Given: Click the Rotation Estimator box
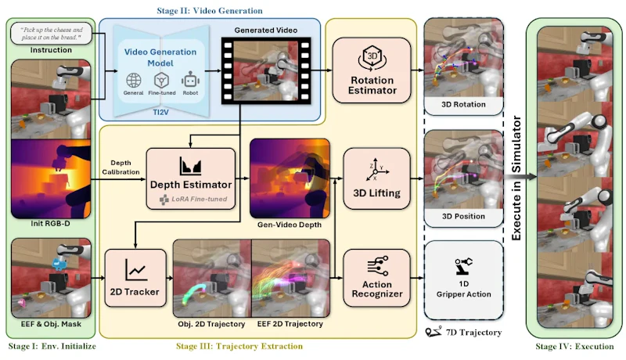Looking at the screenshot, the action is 372,70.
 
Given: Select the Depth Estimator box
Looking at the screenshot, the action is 191,178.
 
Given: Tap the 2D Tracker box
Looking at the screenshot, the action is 135,278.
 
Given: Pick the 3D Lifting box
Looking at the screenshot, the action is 376,178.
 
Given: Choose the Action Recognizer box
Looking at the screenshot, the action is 376,278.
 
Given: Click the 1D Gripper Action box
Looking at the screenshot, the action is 463,279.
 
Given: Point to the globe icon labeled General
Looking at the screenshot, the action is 133,81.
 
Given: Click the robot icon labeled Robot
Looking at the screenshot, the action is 190,80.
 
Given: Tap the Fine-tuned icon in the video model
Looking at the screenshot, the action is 161,81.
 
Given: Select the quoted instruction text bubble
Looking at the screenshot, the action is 52,34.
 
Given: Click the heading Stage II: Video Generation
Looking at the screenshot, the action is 210,11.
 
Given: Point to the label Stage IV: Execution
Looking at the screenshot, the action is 574,346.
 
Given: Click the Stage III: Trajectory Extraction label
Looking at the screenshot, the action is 239,346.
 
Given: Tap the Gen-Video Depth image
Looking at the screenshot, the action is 290,178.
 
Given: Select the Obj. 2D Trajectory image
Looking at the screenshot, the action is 212,278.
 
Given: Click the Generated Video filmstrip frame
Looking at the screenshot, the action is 266,70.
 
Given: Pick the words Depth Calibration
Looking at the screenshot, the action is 121,167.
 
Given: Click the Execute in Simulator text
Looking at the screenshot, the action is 516,178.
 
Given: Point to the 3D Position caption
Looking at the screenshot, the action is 463,216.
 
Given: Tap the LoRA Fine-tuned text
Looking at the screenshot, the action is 200,199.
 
